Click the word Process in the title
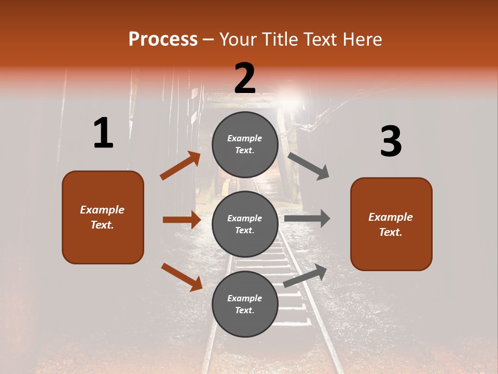pos(163,39)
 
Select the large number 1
pos(103,133)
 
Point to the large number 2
pos(245,78)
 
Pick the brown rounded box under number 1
pos(103,217)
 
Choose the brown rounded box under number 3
pos(391,224)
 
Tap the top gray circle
pos(245,144)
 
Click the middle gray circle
pos(245,224)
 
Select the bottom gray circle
pos(245,304)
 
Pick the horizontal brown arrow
pos(182,220)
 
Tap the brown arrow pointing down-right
pos(182,277)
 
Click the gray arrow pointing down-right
pos(309,166)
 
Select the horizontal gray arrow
pos(307,218)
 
